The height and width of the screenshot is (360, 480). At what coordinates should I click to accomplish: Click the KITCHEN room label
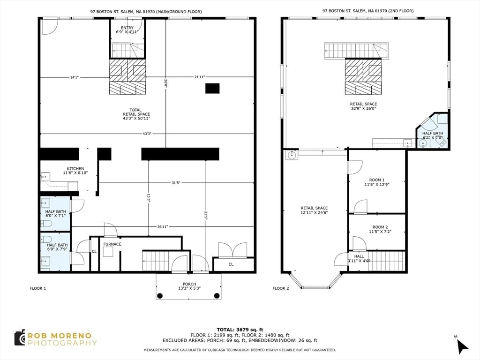(x=75, y=169)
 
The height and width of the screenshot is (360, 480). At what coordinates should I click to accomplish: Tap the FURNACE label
(x=112, y=244)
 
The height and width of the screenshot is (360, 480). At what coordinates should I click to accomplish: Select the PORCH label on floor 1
(x=189, y=284)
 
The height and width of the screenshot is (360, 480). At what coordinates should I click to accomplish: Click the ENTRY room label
(x=127, y=28)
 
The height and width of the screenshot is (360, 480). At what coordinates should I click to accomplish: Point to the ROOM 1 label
(x=377, y=180)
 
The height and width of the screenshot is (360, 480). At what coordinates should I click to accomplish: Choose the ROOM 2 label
(x=380, y=227)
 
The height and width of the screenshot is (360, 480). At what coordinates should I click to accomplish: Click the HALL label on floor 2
(x=359, y=256)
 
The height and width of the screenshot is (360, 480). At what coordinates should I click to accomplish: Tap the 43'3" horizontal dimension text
(x=147, y=134)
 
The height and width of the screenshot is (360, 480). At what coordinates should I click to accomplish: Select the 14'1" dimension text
(x=75, y=77)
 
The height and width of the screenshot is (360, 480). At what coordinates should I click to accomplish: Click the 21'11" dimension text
(x=200, y=77)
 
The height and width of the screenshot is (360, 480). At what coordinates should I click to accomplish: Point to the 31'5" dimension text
(x=175, y=183)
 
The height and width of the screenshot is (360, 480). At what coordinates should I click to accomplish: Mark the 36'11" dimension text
(x=163, y=227)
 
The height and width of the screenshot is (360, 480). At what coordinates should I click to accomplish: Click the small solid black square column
(x=212, y=88)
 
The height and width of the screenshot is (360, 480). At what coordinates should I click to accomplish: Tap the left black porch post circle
(x=160, y=296)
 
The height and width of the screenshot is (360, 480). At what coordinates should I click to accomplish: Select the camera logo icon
(x=20, y=338)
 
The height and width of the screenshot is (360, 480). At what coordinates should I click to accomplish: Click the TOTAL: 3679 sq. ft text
(x=240, y=330)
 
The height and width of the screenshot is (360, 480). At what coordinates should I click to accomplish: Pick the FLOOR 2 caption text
(x=281, y=288)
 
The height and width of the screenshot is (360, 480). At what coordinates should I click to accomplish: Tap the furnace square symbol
(x=108, y=252)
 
